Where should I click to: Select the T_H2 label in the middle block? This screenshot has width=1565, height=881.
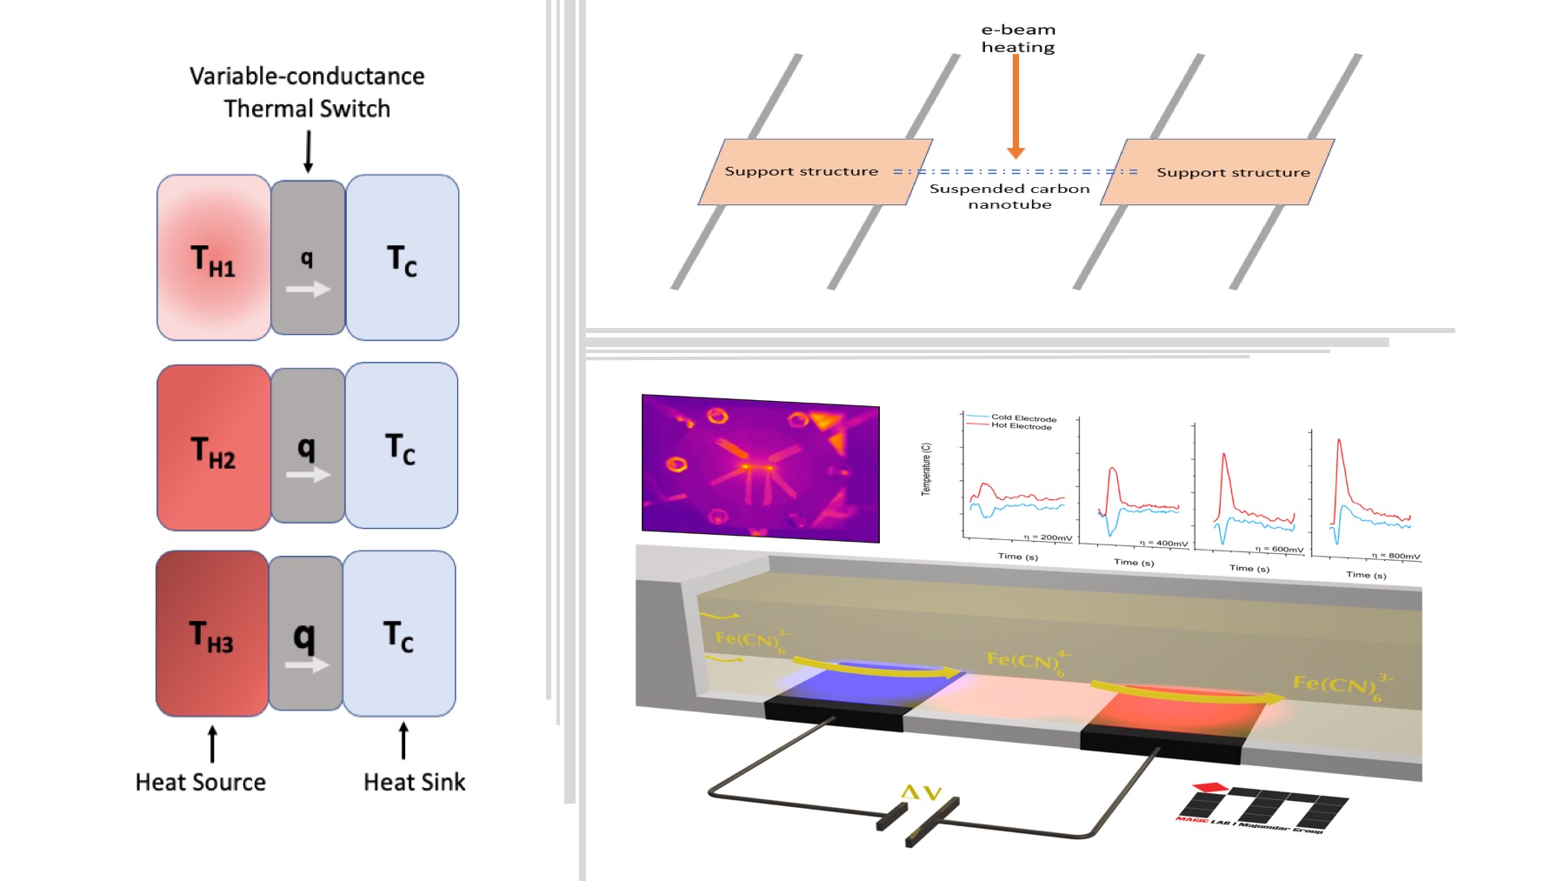pos(213,452)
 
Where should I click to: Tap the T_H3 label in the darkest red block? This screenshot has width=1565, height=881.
pos(211,636)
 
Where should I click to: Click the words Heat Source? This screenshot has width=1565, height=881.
pos(201,782)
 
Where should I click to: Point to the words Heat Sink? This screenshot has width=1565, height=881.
pos(414,782)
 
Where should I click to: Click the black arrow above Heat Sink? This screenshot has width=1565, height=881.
pos(403,740)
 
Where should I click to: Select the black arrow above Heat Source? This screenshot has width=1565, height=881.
pos(213,744)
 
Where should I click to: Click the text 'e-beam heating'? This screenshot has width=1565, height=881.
pos(1018,38)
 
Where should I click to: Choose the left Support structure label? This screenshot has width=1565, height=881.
pos(801,171)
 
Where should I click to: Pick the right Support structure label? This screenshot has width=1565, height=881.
pos(1233,172)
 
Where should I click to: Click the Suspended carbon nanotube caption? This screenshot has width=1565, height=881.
pos(1009,196)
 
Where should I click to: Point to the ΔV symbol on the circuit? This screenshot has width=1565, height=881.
pos(922,792)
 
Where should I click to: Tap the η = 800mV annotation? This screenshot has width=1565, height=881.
pos(1395,555)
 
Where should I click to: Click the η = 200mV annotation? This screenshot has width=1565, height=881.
pos(1048,537)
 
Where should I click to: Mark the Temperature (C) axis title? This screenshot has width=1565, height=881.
pos(926,469)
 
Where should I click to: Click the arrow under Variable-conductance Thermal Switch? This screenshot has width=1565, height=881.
pos(308,151)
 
